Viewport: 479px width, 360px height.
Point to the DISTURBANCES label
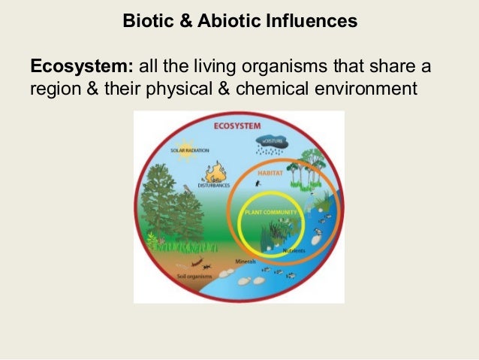coord(216,185)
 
